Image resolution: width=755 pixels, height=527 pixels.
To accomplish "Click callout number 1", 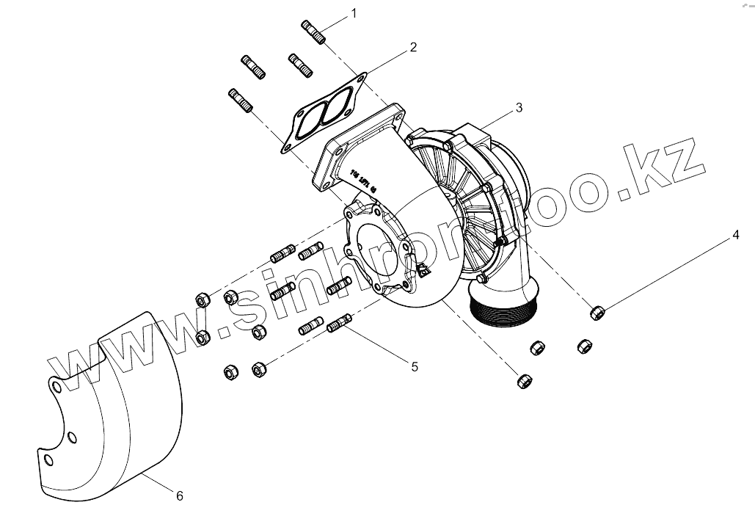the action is (354, 13).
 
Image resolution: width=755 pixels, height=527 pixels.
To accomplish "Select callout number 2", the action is (413, 48).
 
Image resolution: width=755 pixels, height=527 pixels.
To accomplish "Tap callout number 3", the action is (519, 107).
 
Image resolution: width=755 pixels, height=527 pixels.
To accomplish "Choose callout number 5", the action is (414, 366).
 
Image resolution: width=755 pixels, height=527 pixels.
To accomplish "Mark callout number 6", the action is (180, 496).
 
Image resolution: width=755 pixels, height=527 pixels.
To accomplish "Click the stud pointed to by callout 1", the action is (313, 32).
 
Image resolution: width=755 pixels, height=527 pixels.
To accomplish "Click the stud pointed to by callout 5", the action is (340, 322).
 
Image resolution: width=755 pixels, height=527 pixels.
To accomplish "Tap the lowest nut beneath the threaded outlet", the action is (524, 380).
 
